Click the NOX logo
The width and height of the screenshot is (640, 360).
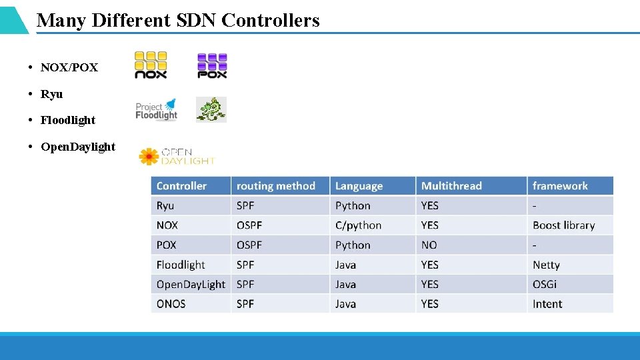pyautogui.click(x=151, y=65)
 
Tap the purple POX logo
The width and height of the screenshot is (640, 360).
pyautogui.click(x=212, y=65)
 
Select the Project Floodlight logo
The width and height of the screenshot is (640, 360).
pyautogui.click(x=157, y=110)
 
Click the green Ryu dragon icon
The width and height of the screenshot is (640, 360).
pyautogui.click(x=211, y=109)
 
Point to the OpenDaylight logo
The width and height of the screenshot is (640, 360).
pyautogui.click(x=177, y=156)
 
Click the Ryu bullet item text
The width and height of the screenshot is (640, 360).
pyautogui.click(x=51, y=94)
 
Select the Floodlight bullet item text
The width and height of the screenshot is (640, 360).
pyautogui.click(x=68, y=120)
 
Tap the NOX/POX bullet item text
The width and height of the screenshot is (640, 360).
pyautogui.click(x=69, y=67)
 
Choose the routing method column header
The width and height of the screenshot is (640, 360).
pyautogui.click(x=275, y=186)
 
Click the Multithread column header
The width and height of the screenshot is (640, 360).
pyautogui.click(x=451, y=186)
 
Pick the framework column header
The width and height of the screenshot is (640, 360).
pyautogui.click(x=560, y=186)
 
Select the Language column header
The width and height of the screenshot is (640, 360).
pyautogui.click(x=359, y=186)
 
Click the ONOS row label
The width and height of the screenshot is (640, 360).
pyautogui.click(x=171, y=304)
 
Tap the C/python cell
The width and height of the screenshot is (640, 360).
pyautogui.click(x=358, y=225)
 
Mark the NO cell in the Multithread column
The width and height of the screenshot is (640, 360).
pyautogui.click(x=429, y=245)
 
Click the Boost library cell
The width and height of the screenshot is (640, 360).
pyautogui.click(x=563, y=225)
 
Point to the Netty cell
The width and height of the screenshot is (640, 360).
pyautogui.click(x=546, y=265)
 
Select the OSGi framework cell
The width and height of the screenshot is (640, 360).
pyautogui.click(x=545, y=284)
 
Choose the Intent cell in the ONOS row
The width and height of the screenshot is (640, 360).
pyautogui.click(x=547, y=304)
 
